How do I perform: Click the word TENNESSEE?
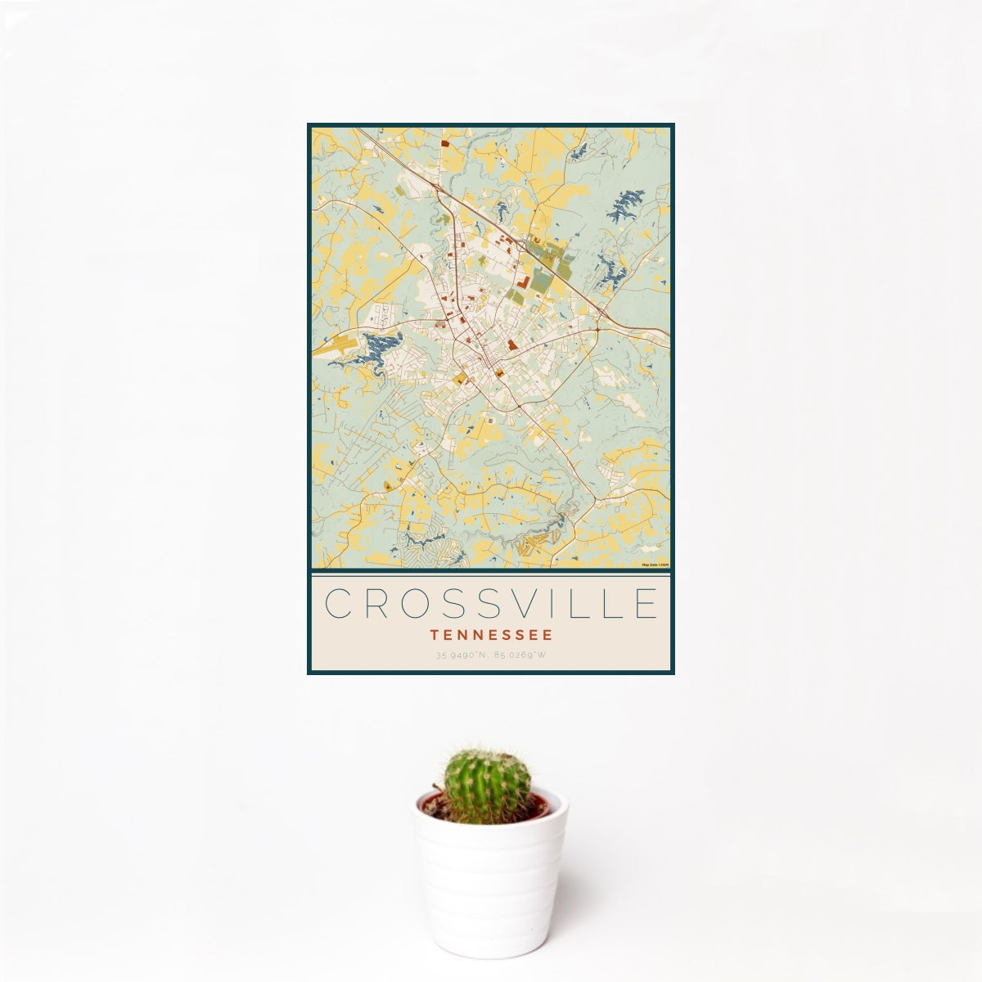click(x=491, y=634)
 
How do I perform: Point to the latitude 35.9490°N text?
click(x=462, y=655)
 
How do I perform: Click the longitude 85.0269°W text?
click(x=520, y=655)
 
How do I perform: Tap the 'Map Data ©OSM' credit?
click(x=655, y=565)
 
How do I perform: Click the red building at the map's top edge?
click(x=445, y=143)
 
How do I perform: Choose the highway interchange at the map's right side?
click(x=601, y=318)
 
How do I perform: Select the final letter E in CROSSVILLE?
click(x=644, y=604)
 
